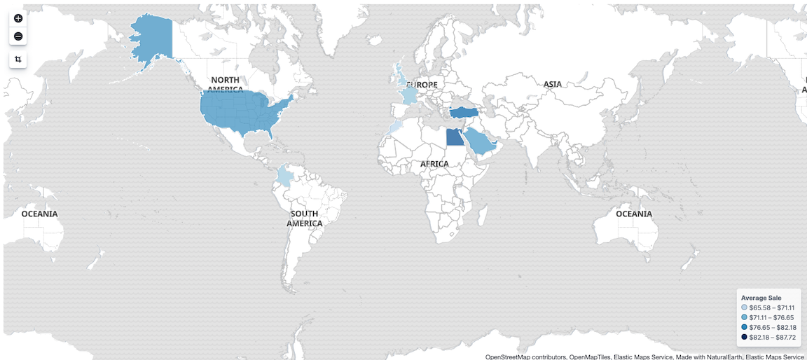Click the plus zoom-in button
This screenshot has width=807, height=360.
[x=18, y=18]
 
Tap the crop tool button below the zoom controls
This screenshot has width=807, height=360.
[x=18, y=60]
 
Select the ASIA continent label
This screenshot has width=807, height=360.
[x=553, y=85]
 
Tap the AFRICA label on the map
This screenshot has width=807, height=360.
[x=434, y=164]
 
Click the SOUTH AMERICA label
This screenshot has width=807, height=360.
[x=305, y=219]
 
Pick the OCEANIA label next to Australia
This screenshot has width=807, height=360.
[x=635, y=214]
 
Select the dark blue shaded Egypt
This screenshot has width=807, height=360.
[x=454, y=136]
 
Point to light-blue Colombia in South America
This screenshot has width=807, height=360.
[x=284, y=175]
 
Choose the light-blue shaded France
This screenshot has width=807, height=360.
[x=409, y=96]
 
